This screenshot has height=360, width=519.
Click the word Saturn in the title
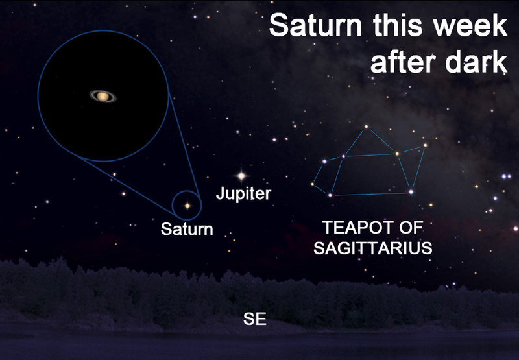(x=315, y=25)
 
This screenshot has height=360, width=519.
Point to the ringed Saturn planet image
(x=103, y=96)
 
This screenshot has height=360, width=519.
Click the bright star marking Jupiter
(x=241, y=176)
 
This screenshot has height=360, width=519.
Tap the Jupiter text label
(x=244, y=193)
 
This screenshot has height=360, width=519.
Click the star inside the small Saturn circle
(x=187, y=206)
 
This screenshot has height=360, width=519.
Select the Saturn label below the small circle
(x=187, y=229)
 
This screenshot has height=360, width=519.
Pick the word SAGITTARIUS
(x=372, y=248)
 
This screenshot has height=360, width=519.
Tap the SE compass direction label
(x=255, y=319)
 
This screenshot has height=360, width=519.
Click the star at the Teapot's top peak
(x=366, y=126)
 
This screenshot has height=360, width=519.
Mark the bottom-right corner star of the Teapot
(x=411, y=191)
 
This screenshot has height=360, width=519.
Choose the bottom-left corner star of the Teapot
(x=330, y=195)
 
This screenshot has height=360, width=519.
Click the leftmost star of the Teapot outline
(x=313, y=184)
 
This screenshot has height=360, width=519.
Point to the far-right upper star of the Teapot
(x=425, y=145)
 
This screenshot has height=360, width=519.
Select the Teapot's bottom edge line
(x=370, y=194)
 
